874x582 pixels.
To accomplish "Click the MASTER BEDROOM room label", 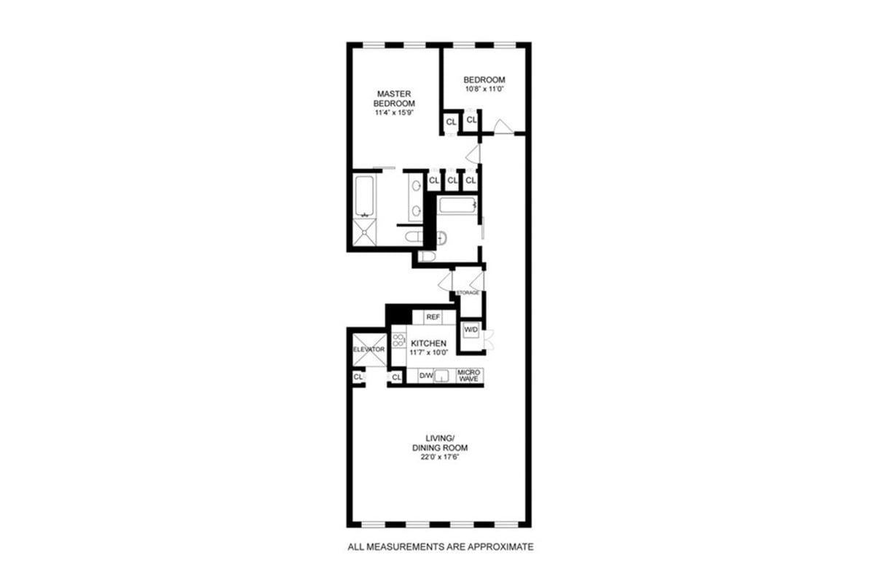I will [x=395, y=98].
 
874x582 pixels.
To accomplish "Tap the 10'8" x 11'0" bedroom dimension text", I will [x=484, y=89].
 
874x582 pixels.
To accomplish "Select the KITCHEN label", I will [x=429, y=343].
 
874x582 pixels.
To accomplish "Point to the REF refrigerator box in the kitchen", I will [x=433, y=318].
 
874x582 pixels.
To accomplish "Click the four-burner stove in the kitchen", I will [x=398, y=342].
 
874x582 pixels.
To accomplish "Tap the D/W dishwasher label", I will [x=426, y=376].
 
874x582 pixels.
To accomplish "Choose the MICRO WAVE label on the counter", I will [x=469, y=376].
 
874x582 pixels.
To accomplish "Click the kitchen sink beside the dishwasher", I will [x=445, y=376].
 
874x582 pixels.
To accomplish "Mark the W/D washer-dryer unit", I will [x=471, y=330].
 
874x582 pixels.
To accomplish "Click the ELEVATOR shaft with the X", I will [x=369, y=350].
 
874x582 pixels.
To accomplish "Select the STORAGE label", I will [x=468, y=293].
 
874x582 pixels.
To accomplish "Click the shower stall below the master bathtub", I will [x=365, y=232].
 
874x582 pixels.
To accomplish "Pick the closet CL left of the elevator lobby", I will [x=358, y=377].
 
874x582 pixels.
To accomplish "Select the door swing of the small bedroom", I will [x=502, y=127].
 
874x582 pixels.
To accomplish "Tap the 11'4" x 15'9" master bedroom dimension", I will [x=395, y=112].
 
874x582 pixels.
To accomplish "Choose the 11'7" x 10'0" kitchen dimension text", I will [x=429, y=353].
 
